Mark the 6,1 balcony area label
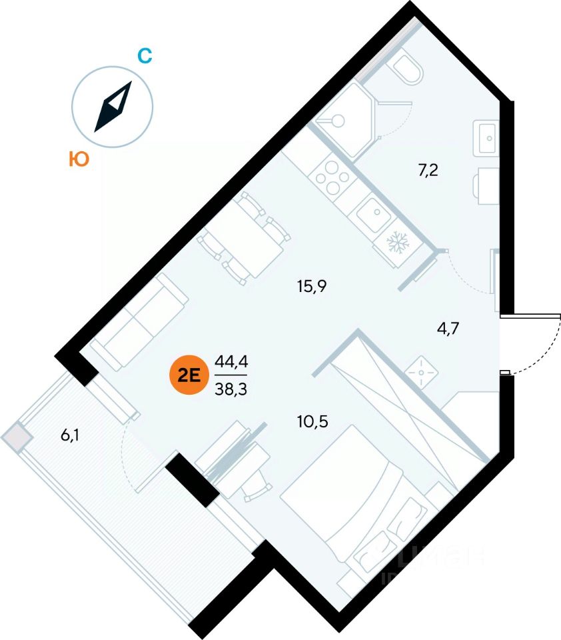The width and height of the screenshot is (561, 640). [x=73, y=436]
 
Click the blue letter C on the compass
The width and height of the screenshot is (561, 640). [x=145, y=56]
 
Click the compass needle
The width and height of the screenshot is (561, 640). [x=113, y=107]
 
